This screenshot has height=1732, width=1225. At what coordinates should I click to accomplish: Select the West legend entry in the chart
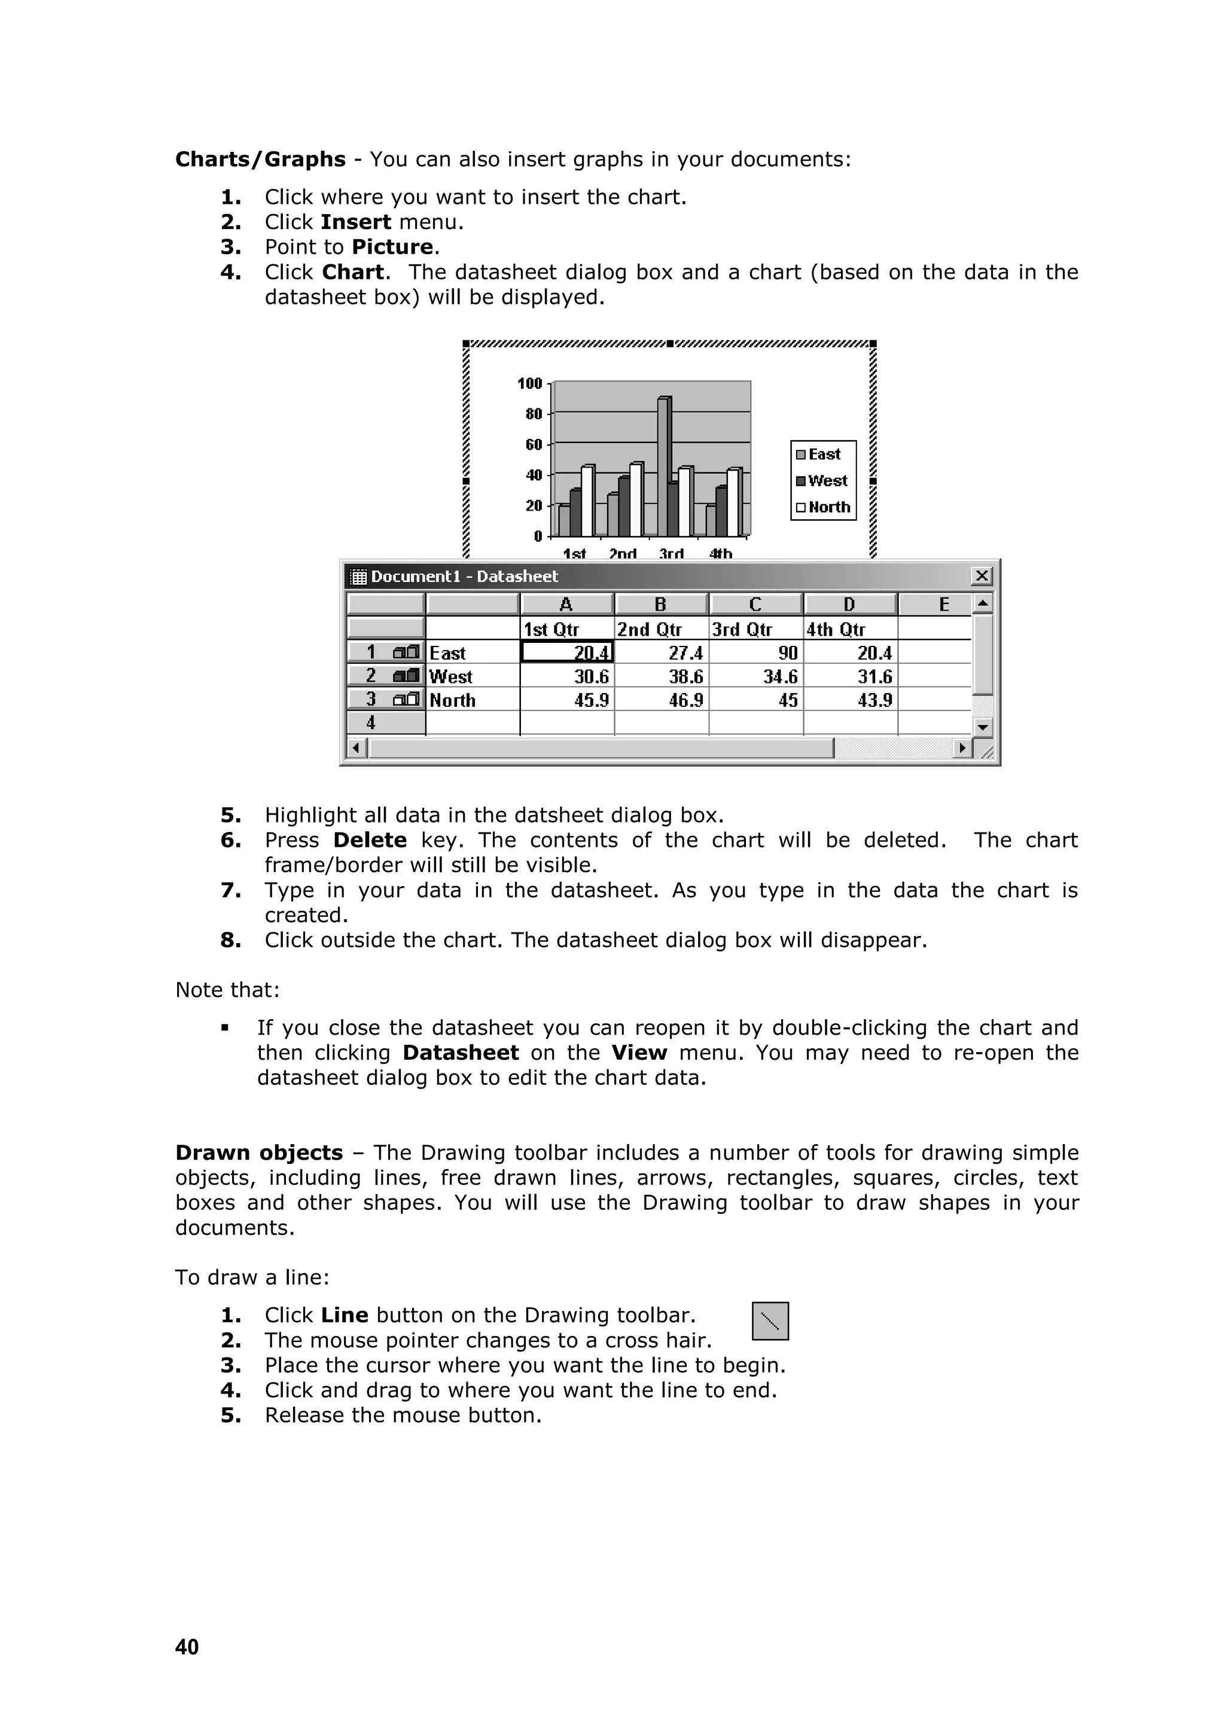pos(822,480)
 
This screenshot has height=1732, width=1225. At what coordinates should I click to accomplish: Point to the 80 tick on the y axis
pos(534,414)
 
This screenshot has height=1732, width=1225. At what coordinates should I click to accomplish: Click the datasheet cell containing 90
pos(756,652)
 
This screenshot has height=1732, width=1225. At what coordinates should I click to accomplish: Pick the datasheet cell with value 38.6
pos(662,676)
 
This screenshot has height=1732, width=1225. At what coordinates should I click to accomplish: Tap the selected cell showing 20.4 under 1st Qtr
pos(567,652)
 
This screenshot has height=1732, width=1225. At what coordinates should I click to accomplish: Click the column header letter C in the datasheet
pos(755,604)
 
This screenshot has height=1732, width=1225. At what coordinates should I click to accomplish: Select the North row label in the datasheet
pos(453,700)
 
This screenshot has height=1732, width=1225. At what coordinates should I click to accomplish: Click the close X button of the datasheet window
pos(982,577)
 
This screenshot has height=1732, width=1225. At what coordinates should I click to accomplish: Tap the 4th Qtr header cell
pos(836,629)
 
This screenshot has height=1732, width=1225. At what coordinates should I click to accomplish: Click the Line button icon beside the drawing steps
pos(770,1321)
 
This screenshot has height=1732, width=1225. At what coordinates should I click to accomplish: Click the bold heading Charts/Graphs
pos(260,159)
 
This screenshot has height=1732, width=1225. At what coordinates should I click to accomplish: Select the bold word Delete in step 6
pos(370,840)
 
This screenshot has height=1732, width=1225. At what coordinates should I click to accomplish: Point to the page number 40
pos(187,1646)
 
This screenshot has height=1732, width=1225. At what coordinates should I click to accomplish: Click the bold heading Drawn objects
pos(259,1152)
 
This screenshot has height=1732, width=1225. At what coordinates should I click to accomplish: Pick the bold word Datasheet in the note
pos(460,1053)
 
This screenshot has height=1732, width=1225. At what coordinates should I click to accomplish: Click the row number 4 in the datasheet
pos(371,722)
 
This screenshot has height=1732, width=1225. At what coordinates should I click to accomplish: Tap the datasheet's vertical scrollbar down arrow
pos(982,727)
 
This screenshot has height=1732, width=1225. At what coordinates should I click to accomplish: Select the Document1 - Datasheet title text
pos(464,577)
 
